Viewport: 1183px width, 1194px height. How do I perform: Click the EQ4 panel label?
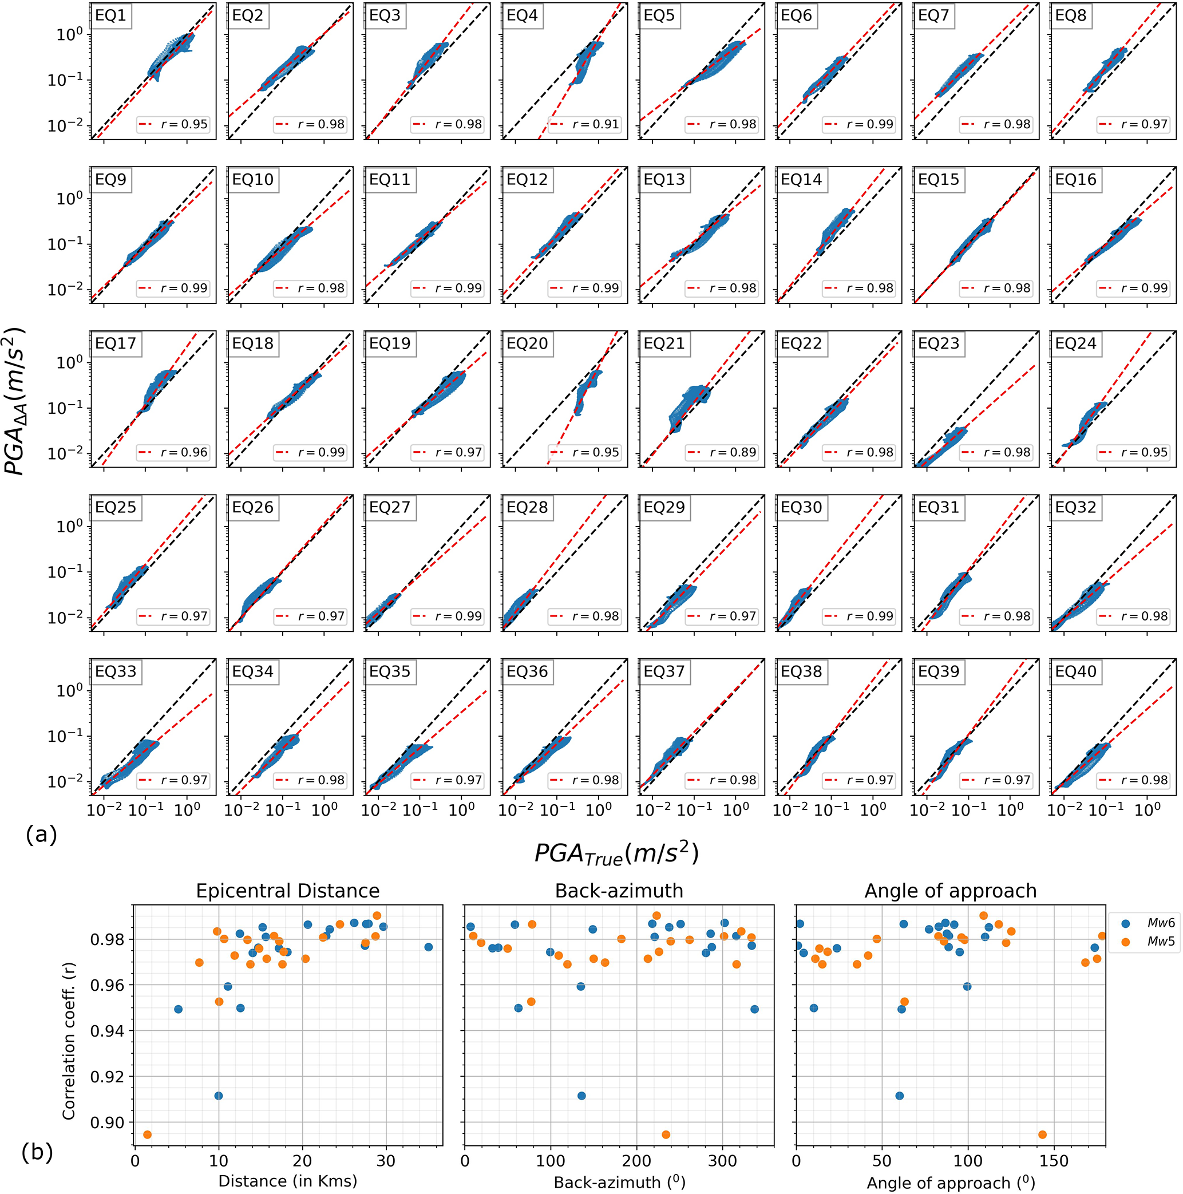(523, 15)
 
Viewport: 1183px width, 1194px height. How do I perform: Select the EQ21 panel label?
(664, 343)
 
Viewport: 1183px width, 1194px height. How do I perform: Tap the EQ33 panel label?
(116, 671)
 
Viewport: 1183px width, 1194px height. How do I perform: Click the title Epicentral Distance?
(287, 891)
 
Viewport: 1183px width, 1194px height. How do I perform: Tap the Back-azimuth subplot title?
(619, 891)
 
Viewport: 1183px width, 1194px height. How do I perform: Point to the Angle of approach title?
(950, 891)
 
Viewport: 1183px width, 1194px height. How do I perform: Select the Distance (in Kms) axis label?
(287, 1181)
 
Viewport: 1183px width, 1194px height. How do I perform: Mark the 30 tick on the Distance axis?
(386, 1161)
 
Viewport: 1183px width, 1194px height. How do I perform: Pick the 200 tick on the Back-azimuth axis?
(636, 1161)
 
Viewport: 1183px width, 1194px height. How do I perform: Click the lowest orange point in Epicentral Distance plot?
(147, 1134)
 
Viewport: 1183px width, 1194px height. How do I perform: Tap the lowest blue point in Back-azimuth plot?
(581, 1096)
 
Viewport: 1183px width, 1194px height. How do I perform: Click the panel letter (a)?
(41, 835)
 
